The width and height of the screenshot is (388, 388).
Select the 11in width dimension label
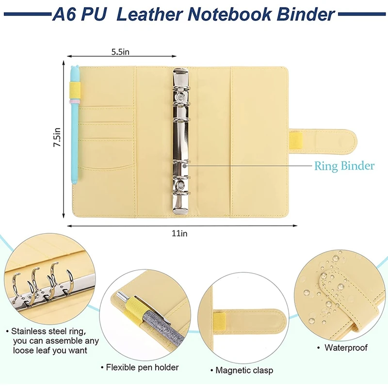179,233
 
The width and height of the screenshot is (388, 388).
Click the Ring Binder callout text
344,166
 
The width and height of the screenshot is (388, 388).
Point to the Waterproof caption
346,348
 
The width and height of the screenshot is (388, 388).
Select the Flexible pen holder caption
143,367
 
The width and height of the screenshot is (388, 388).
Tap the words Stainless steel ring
50,331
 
